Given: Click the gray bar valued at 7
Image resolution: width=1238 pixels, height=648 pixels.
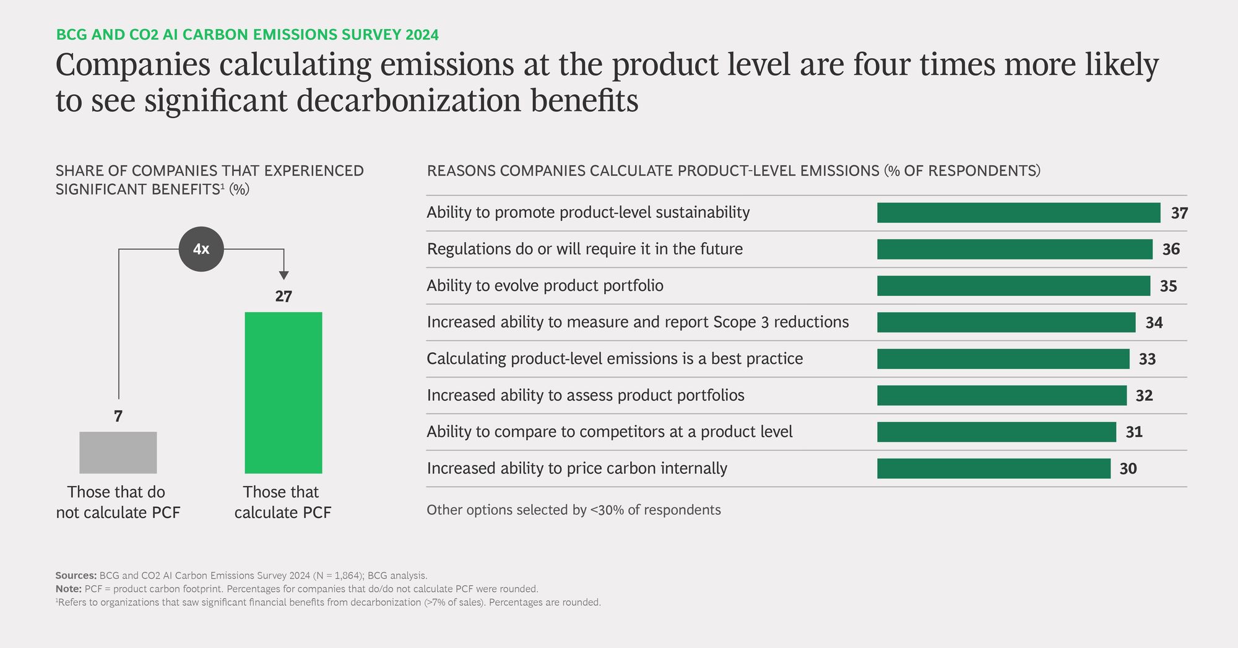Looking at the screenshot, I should [118, 452].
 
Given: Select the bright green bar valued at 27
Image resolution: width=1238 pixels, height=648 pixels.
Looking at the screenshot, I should [283, 392].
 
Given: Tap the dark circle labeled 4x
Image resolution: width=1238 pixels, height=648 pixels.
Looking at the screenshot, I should [201, 249].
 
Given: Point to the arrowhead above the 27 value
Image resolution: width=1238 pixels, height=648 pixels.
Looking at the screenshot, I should [284, 275].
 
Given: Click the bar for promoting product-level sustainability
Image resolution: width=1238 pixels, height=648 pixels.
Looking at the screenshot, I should [1018, 213].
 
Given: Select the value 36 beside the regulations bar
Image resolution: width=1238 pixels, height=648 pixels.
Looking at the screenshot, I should [1171, 249].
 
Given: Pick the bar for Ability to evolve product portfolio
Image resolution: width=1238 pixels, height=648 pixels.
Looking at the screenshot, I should [1013, 286].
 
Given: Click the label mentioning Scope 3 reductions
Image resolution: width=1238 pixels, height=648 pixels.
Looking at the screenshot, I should [638, 322].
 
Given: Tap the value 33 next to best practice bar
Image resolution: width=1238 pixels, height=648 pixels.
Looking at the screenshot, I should [1147, 359].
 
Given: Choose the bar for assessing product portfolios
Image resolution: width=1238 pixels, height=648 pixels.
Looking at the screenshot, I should [1002, 395].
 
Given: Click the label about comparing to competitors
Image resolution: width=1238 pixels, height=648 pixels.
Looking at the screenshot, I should [609, 432].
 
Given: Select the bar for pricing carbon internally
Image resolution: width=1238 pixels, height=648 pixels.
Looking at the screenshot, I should [993, 469].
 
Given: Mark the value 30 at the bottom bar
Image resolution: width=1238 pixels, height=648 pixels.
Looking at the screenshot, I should [1128, 469].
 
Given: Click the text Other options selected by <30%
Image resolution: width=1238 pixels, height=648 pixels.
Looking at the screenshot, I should [573, 510].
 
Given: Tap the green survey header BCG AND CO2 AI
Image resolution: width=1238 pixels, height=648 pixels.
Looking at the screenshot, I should [247, 35].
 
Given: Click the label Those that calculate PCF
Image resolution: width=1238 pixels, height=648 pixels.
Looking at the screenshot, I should [282, 502].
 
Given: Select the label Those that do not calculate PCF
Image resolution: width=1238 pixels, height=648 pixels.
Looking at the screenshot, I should [118, 502].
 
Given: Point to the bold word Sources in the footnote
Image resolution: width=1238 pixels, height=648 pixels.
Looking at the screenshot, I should [76, 576].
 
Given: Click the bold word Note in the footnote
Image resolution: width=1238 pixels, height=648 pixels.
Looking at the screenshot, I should [68, 589].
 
